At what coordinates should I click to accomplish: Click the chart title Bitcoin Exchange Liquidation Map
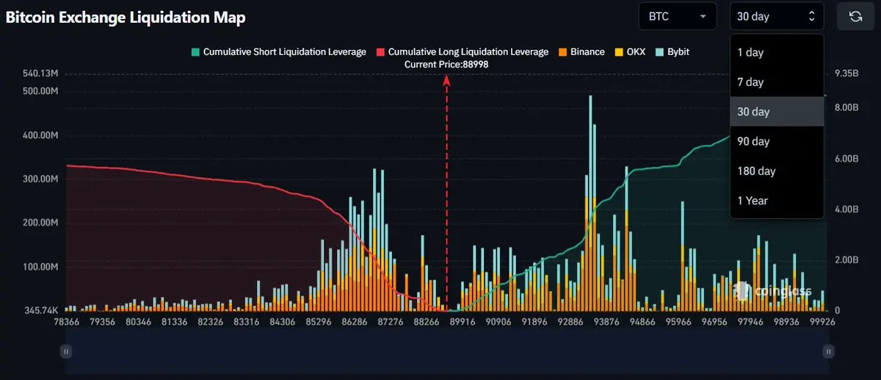click(126, 17)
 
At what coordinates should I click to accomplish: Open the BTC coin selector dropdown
click(678, 16)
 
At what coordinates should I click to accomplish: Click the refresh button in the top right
click(855, 16)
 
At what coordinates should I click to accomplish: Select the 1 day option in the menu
click(750, 52)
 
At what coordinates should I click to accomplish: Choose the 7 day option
click(750, 82)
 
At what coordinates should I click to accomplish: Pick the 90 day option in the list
click(753, 141)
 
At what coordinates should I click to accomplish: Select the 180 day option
click(756, 171)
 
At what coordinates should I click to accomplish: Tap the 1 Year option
click(753, 200)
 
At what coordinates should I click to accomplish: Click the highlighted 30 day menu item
click(753, 112)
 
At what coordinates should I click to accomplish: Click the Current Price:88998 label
click(446, 65)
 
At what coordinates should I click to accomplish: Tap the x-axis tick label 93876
click(606, 322)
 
